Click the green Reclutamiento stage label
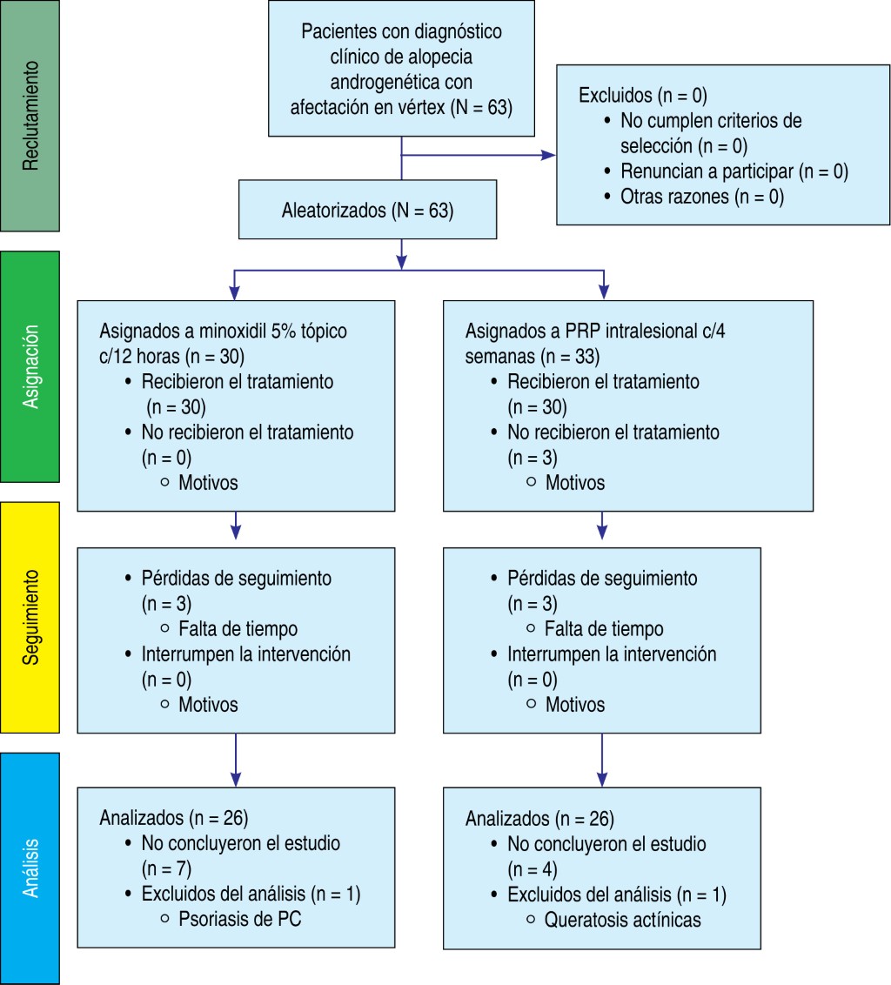(30, 115)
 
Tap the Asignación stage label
(30, 366)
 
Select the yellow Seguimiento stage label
(30, 617)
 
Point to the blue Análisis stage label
(30, 868)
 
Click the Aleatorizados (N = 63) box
(367, 210)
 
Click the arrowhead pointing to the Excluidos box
(549, 156)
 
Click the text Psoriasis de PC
(240, 918)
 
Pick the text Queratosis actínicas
(622, 919)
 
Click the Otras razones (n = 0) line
(702, 197)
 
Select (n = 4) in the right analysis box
(532, 868)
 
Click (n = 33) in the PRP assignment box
(570, 356)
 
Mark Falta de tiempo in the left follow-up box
(238, 629)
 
